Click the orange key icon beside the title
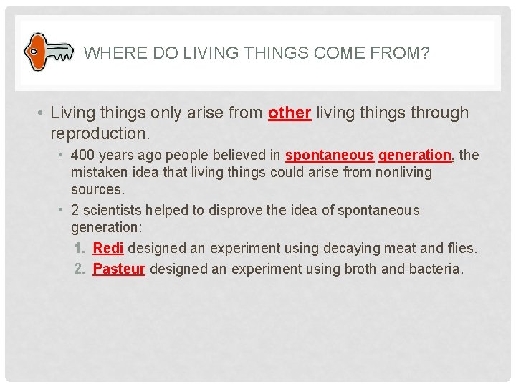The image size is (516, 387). [48, 52]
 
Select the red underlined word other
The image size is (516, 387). [290, 113]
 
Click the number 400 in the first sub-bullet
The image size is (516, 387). [83, 156]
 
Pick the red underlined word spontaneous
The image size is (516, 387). [330, 156]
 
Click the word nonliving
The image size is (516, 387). [404, 173]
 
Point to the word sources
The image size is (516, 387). [97, 190]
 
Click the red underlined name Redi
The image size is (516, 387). [108, 249]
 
